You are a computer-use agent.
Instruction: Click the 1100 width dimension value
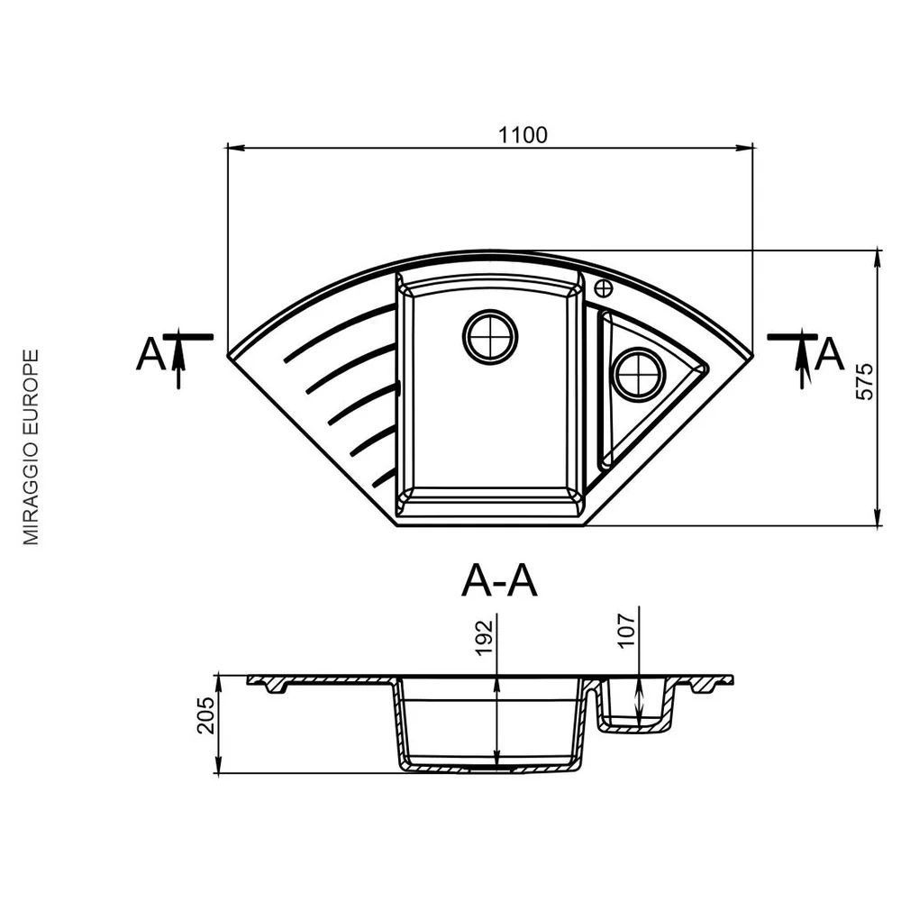[x=523, y=135]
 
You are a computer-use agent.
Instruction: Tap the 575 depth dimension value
[x=864, y=381]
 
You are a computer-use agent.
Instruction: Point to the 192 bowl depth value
[x=485, y=637]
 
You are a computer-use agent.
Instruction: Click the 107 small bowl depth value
[x=627, y=631]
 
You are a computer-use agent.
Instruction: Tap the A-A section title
[x=499, y=581]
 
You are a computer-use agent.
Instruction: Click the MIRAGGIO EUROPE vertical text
[x=31, y=447]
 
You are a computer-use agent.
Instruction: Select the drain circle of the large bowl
[x=490, y=337]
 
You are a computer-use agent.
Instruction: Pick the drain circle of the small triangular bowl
[x=640, y=374]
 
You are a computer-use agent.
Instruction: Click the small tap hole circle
[x=604, y=288]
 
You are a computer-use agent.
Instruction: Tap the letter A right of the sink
[x=829, y=353]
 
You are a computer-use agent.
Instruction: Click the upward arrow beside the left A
[x=178, y=359]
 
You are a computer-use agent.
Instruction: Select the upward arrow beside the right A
[x=802, y=359]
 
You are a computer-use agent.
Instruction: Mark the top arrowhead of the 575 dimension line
[x=877, y=259]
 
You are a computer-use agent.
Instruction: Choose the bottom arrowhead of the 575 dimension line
[x=877, y=517]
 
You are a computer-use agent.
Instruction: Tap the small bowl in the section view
[x=635, y=705]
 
